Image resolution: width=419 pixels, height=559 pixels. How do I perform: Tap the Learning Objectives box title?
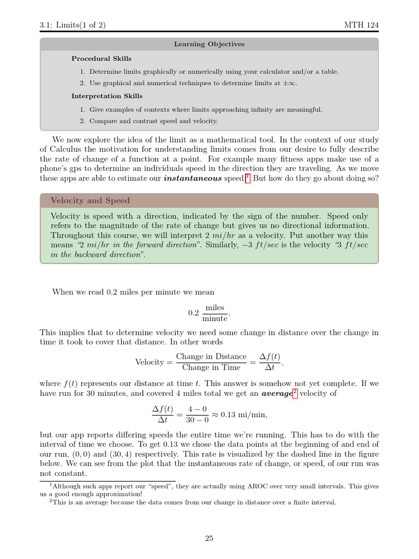pyautogui.click(x=209, y=44)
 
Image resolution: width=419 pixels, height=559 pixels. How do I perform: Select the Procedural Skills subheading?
pyautogui.click(x=101, y=58)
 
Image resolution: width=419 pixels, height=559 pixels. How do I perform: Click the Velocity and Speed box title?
pyautogui.click(x=90, y=200)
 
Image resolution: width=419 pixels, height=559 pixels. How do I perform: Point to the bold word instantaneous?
pyautogui.click(x=193, y=179)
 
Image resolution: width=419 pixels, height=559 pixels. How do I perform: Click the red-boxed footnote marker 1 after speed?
pyautogui.click(x=247, y=178)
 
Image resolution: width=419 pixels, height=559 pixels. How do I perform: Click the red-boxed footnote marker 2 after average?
pyautogui.click(x=295, y=393)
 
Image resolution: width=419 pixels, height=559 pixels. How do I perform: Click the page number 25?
pyautogui.click(x=209, y=538)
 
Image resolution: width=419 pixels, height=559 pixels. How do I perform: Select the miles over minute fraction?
pyautogui.click(x=215, y=313)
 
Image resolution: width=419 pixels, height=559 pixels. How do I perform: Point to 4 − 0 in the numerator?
pyautogui.click(x=196, y=409)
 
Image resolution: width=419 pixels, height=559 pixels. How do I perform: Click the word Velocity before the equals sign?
pyautogui.click(x=149, y=362)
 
